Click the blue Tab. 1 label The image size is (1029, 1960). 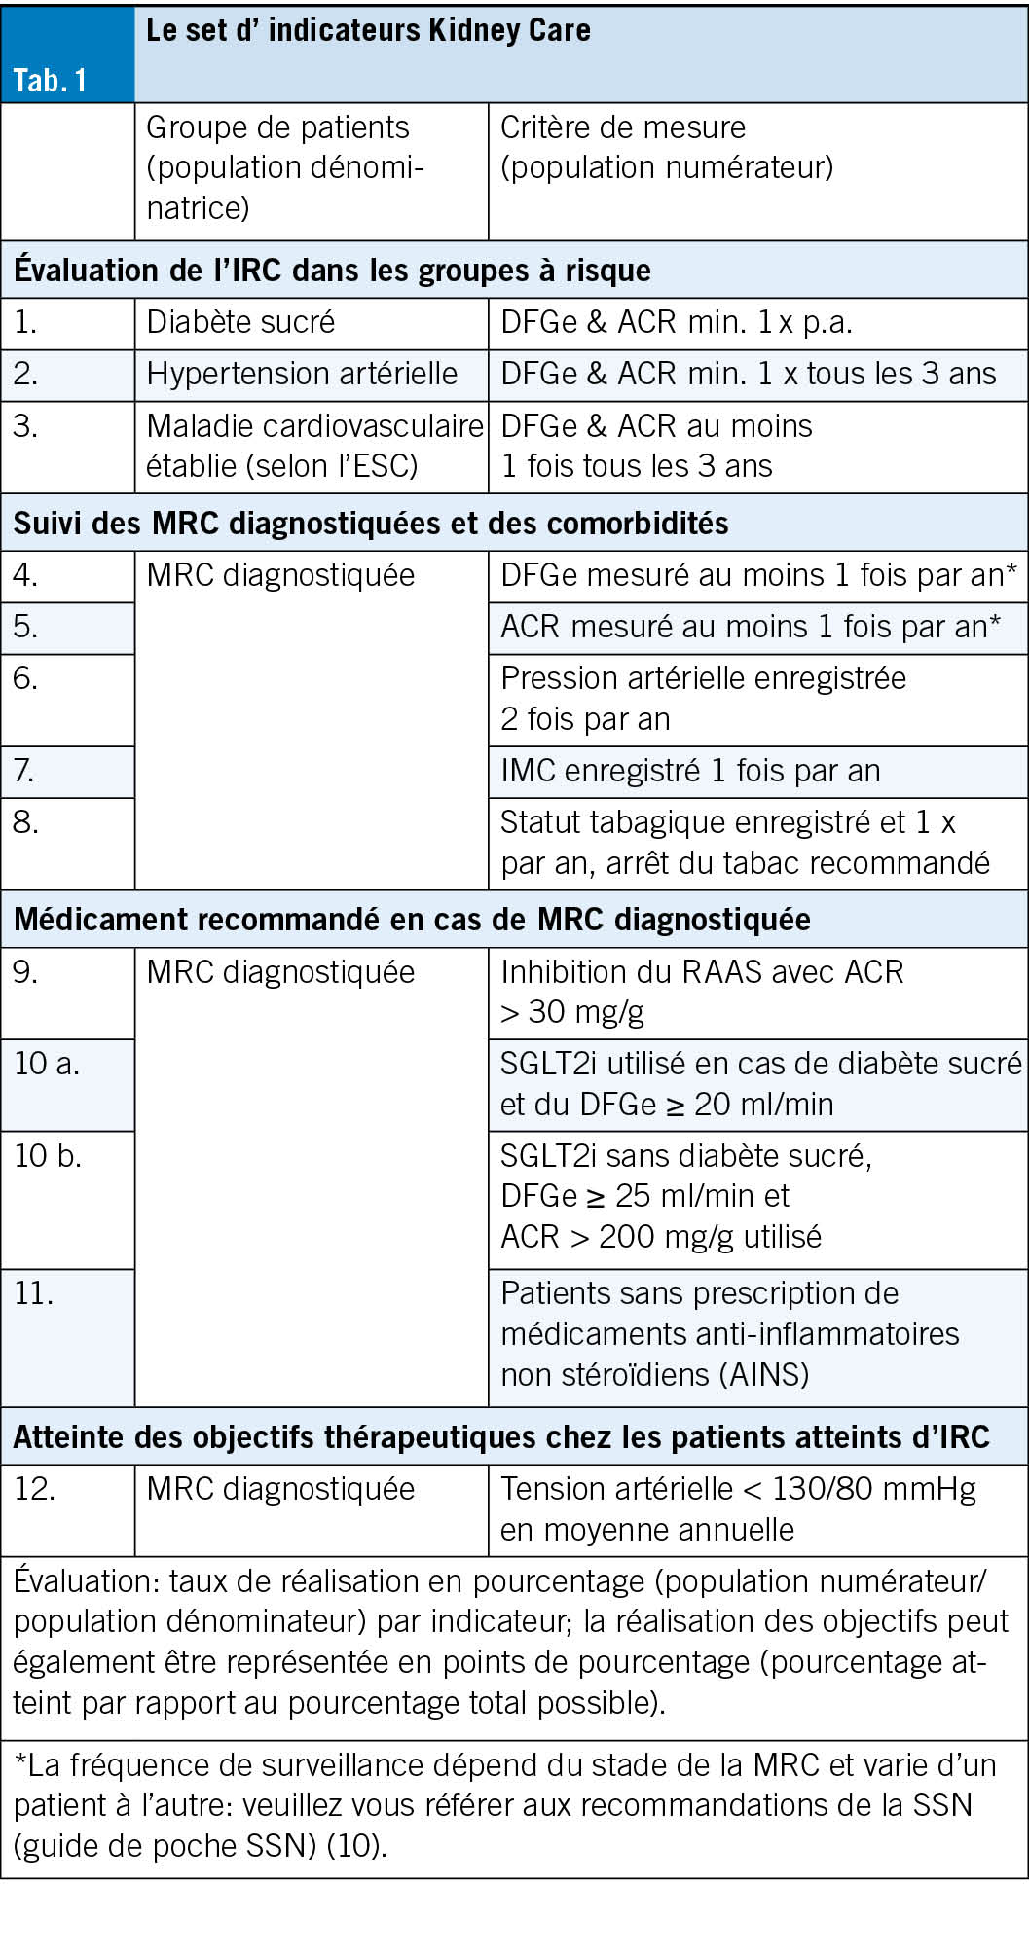coord(50,80)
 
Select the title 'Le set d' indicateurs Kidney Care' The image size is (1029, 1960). coord(368,30)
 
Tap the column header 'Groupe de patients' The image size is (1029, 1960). coord(277,127)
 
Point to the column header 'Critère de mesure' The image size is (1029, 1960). coord(622,127)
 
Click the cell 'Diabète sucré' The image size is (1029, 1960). coord(240,322)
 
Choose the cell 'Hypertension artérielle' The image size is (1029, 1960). coord(302,374)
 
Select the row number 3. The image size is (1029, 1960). coord(25,426)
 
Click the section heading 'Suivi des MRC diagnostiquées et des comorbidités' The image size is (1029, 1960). coord(370,524)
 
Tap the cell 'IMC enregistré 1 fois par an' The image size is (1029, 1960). coord(689,771)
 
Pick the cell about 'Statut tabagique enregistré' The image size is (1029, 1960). coord(744,843)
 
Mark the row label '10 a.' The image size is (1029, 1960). coord(47,1064)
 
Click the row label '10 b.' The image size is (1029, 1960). coord(48,1156)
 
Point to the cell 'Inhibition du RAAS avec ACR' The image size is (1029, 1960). coord(701,973)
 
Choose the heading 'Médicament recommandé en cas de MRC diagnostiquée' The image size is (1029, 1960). coord(412,920)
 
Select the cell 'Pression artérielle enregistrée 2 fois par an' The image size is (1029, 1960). coord(702,699)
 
